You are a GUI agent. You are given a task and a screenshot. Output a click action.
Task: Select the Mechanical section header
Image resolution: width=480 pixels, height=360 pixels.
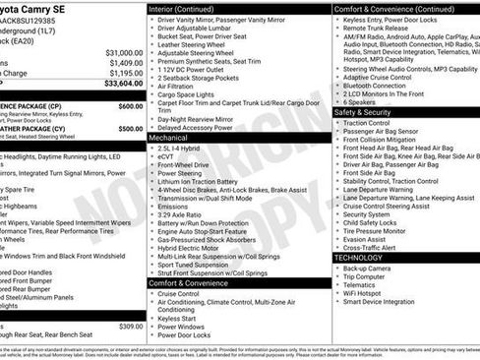(x=171, y=139)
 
